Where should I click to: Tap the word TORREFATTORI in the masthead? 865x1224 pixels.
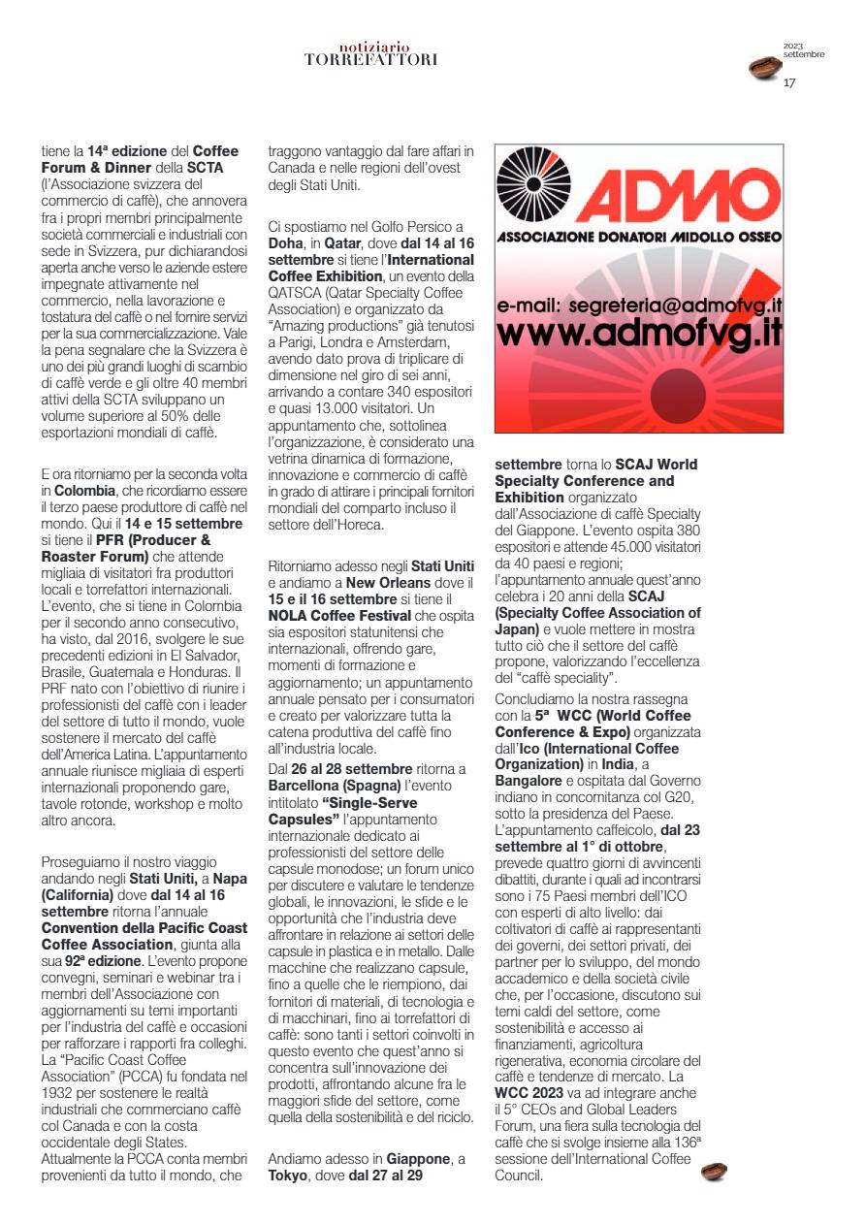[370, 59]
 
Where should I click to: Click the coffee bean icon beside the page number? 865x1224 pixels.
[766, 68]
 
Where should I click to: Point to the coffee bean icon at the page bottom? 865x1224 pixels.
[714, 1173]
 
